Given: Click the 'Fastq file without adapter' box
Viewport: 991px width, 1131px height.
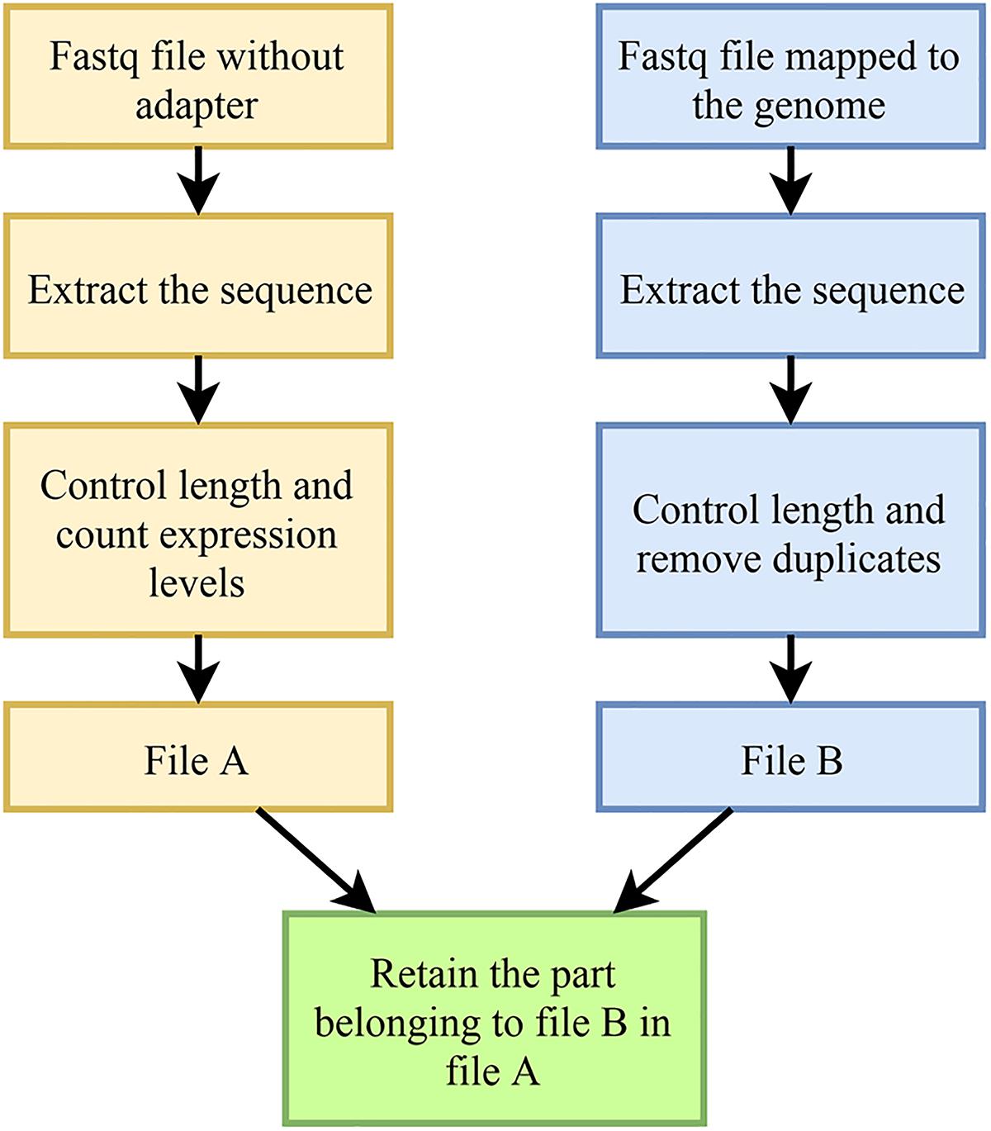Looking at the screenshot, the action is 198,77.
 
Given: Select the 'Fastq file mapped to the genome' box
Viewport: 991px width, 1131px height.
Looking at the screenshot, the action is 790,77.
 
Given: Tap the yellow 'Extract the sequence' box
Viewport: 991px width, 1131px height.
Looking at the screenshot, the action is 198,286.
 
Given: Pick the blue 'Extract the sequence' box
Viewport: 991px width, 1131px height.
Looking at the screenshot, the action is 790,286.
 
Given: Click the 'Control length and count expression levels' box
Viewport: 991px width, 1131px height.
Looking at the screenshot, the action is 198,530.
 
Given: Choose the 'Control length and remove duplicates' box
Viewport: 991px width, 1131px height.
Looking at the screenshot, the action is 790,530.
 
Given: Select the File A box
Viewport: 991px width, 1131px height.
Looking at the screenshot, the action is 198,757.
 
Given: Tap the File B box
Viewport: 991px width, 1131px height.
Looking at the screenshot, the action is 790,757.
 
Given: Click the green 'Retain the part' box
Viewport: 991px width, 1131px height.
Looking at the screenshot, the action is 495,1019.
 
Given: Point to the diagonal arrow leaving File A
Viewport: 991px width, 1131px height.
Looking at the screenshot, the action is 315,860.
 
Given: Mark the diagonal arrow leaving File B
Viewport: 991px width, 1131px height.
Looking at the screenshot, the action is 672,860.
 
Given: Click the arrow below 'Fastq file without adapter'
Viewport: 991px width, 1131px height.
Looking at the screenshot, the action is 198,181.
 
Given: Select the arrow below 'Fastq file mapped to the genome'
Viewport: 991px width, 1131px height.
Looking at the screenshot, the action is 790,181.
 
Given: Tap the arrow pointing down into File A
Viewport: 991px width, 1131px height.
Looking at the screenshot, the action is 198,669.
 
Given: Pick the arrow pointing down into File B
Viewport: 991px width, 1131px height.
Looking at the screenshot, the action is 790,669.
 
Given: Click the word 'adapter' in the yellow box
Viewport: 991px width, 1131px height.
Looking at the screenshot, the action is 197,106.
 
